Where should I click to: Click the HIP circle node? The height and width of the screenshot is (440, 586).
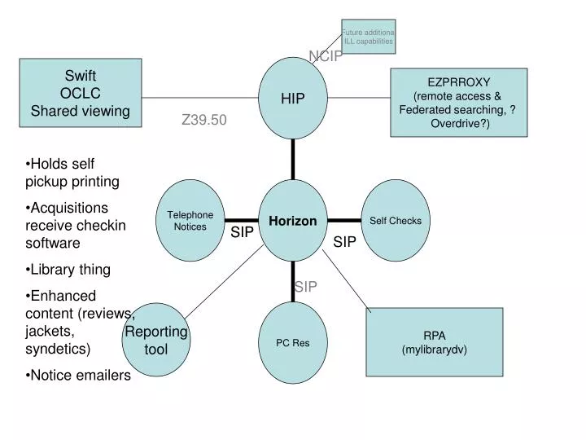coord(293,98)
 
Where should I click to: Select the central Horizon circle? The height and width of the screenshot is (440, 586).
coord(293,221)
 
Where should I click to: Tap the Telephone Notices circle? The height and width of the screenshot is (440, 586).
coord(190,221)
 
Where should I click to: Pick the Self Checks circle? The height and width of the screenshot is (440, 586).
coord(396,221)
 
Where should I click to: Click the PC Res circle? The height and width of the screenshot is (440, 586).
coord(293,342)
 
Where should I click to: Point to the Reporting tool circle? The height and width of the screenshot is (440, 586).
coord(155,341)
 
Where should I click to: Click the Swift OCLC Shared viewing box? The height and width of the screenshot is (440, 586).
coord(80,93)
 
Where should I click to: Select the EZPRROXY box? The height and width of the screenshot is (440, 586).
coord(459,102)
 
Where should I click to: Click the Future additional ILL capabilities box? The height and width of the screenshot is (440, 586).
coord(369,37)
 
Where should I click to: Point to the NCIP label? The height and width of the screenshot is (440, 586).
coord(326,55)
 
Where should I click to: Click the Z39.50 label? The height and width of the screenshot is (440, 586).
coord(203,120)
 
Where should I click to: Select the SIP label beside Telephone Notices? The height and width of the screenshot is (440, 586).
coord(243,233)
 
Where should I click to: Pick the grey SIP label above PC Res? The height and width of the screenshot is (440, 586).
coord(306,286)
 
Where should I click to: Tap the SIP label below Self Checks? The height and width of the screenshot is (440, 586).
coord(344,242)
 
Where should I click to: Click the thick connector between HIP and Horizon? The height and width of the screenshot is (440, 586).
coord(293,159)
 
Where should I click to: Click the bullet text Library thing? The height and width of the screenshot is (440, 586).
coord(70,269)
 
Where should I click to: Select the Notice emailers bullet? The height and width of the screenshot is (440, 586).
coord(80,375)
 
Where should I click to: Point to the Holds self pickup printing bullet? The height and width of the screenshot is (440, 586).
coord(73,172)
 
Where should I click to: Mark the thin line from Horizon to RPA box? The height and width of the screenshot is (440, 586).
coord(346,280)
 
